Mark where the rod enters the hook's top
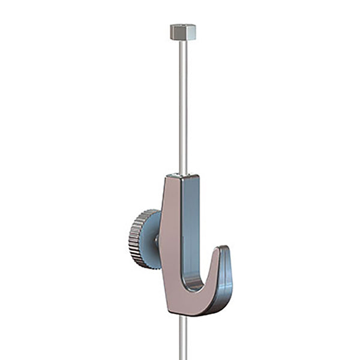point(183,174)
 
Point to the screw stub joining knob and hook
point(157,241)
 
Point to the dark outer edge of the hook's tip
point(230,276)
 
